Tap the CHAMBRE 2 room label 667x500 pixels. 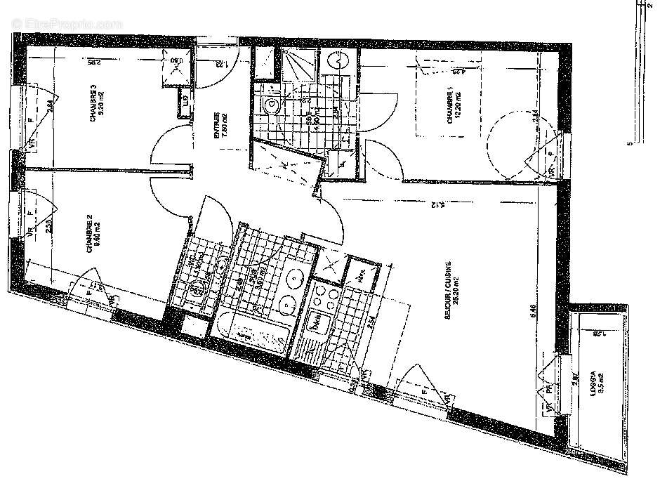[91, 237]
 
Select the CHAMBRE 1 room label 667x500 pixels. [450, 107]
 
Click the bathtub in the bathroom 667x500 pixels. [253, 335]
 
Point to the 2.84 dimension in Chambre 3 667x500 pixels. [49, 107]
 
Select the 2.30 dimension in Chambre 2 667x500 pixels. [49, 226]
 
